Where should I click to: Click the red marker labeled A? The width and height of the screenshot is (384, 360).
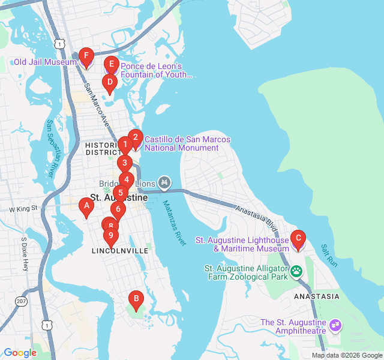click(x=86, y=208)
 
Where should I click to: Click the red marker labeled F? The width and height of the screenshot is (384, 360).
click(x=86, y=58)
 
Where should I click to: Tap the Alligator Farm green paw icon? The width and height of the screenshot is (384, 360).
click(x=297, y=272)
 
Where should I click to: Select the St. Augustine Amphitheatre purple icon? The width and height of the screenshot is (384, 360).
click(x=335, y=326)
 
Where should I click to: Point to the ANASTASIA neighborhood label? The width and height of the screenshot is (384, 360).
click(x=316, y=296)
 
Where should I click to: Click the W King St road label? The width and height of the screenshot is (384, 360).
click(x=23, y=209)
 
